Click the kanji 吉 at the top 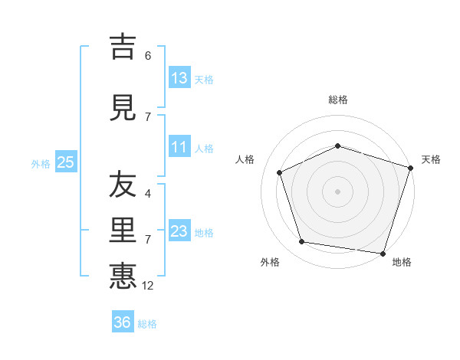click(x=123, y=47)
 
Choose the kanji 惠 click(x=123, y=275)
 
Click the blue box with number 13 click(x=179, y=78)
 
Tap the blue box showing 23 click(x=179, y=231)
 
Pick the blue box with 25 click(x=65, y=162)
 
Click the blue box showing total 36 click(x=123, y=322)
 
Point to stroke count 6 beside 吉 click(x=148, y=56)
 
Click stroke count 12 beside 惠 click(x=149, y=286)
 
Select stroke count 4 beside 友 click(x=148, y=194)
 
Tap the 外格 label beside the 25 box click(x=41, y=163)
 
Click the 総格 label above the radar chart click(x=338, y=100)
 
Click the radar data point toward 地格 click(x=383, y=253)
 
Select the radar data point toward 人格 click(x=280, y=172)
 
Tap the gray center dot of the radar click(x=338, y=191)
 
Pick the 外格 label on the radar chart click(x=270, y=262)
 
